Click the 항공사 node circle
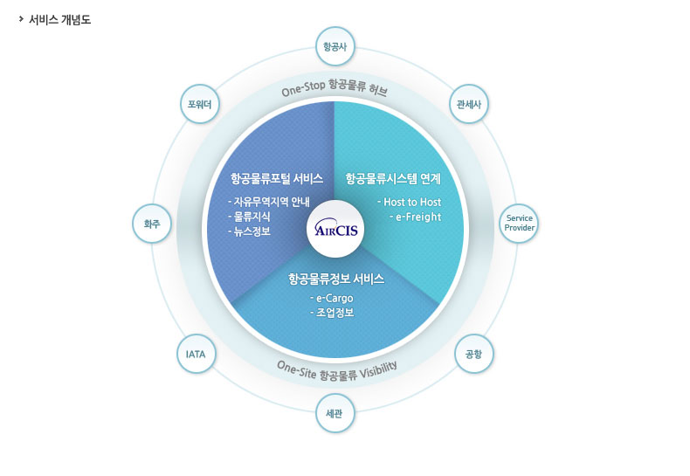(335, 47)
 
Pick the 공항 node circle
(473, 354)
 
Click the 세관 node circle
(335, 413)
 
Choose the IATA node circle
(196, 354)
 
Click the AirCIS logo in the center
(335, 230)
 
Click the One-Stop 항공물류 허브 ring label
(335, 88)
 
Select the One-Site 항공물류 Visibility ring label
(336, 370)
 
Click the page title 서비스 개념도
(59, 19)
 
